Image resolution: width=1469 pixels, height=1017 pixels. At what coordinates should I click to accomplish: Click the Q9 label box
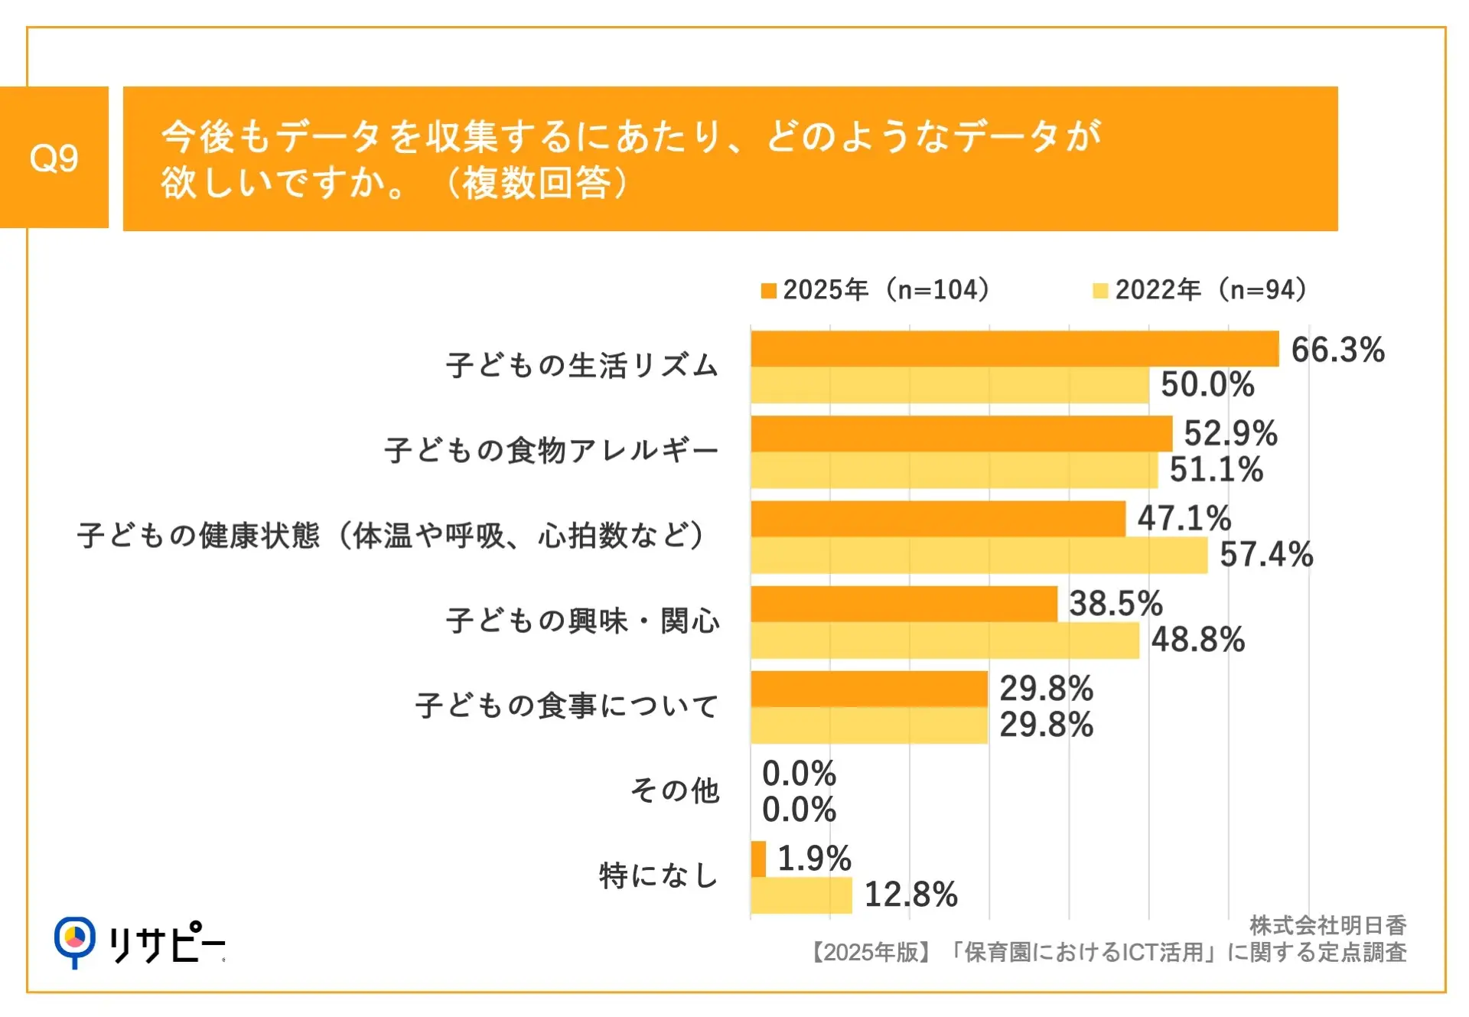54,158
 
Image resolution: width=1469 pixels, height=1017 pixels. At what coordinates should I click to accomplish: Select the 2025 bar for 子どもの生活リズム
1015,349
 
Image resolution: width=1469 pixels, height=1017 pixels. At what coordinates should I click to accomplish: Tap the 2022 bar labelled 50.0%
949,385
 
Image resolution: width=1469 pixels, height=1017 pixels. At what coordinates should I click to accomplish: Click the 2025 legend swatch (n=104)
768,291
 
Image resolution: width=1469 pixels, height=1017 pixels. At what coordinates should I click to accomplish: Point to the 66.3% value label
1337,350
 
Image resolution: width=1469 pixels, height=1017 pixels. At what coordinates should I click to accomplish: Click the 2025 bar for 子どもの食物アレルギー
961,434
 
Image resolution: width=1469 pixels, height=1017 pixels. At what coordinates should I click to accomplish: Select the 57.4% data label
1266,555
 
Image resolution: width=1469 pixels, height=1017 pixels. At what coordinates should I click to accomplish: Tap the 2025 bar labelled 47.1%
938,519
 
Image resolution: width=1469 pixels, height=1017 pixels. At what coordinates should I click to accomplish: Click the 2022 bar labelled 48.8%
945,641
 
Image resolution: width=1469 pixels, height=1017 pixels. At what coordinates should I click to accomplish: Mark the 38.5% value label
1116,604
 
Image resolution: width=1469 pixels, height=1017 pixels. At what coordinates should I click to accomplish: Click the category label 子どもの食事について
567,706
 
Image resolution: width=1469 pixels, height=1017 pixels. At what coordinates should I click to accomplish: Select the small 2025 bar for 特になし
758,859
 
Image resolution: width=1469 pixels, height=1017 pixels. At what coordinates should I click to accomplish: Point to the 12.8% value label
910,895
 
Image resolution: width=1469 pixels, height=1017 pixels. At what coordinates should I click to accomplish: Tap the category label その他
675,790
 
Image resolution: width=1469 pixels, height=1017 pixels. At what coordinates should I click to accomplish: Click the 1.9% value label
814,859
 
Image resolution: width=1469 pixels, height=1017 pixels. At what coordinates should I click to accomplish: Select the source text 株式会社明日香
1327,926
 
